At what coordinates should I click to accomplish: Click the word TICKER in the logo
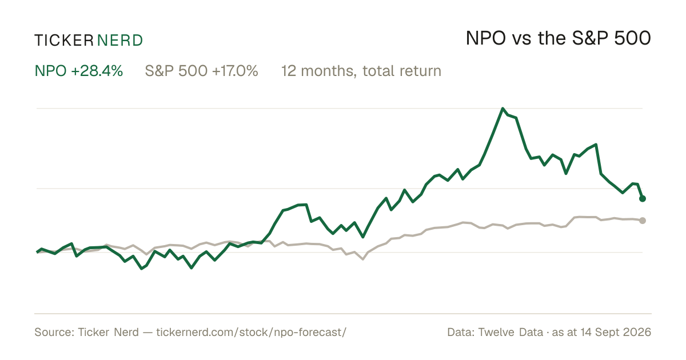[64, 41]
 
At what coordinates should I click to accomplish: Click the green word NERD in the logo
[119, 41]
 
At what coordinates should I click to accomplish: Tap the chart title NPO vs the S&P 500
[559, 38]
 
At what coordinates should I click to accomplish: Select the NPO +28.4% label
[79, 71]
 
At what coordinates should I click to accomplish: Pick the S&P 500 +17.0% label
[201, 71]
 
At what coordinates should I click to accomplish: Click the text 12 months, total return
[361, 71]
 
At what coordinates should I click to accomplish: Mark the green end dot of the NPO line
[643, 199]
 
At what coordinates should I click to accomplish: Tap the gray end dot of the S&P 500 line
[643, 221]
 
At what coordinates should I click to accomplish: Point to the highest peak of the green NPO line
[502, 109]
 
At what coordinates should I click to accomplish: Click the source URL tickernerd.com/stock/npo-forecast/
[251, 332]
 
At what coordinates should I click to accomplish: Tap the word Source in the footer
[53, 332]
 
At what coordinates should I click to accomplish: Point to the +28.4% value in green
[97, 71]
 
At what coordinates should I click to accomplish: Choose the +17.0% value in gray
[235, 71]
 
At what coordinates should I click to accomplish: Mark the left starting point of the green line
[37, 252]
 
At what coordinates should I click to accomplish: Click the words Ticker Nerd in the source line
[109, 332]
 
